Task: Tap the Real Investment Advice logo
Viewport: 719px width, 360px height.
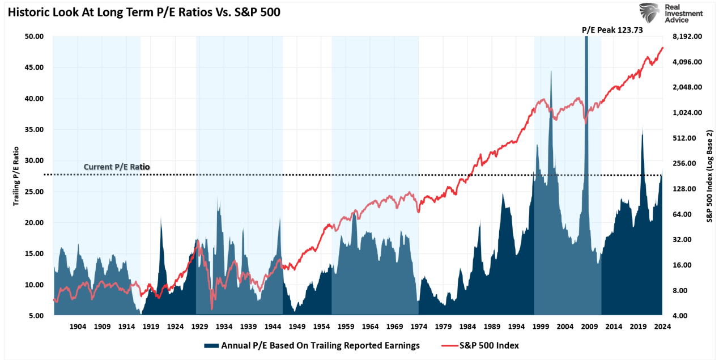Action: (671, 12)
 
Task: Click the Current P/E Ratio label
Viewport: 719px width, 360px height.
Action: (117, 167)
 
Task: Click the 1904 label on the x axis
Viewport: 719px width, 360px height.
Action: (78, 327)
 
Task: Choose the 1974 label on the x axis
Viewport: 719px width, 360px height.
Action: (419, 327)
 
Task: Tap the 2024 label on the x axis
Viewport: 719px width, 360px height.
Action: (662, 327)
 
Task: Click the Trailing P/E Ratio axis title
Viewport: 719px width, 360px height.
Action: (16, 175)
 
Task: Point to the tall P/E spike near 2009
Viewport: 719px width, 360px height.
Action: (586, 113)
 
